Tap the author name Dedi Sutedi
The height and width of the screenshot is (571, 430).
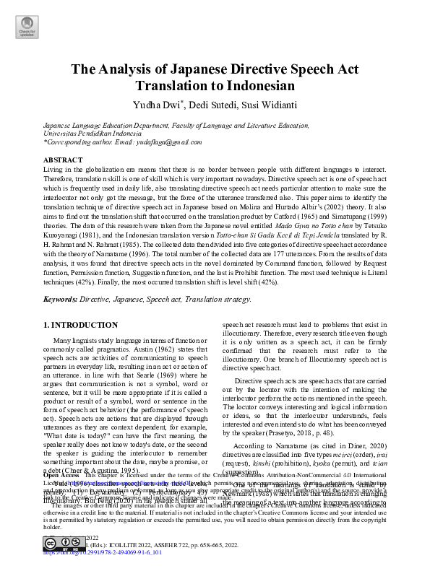click(x=208, y=105)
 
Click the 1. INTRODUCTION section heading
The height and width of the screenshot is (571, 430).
click(x=81, y=326)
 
